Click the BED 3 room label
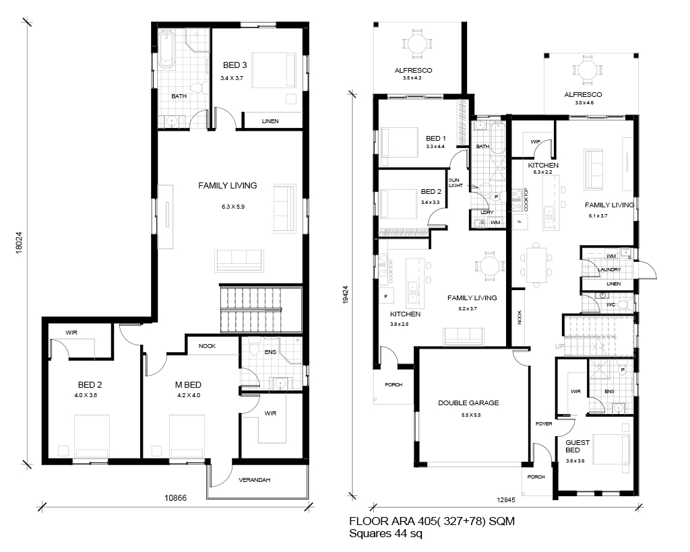click(x=234, y=65)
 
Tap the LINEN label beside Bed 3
click(x=270, y=121)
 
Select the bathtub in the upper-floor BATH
click(x=167, y=48)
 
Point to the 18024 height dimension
click(x=18, y=242)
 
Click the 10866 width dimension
click(x=176, y=498)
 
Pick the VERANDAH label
click(x=254, y=480)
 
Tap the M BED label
click(x=189, y=385)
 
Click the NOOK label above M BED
click(x=207, y=346)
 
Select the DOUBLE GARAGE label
click(x=468, y=403)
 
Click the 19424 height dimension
click(x=346, y=294)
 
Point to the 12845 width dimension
click(x=506, y=499)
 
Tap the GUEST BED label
click(x=577, y=446)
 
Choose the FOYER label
click(x=544, y=423)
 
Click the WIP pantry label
click(x=535, y=141)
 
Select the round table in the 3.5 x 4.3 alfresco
click(x=414, y=43)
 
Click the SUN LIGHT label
click(x=456, y=183)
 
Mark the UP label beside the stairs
click(x=559, y=346)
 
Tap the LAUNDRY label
click(x=609, y=269)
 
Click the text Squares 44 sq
click(x=385, y=534)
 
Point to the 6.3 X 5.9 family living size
click(x=233, y=207)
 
